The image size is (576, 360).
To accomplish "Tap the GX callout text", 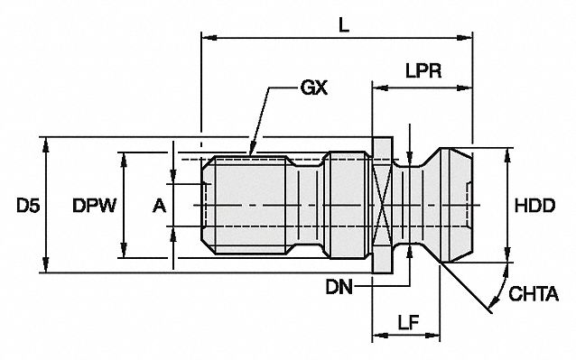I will [313, 88].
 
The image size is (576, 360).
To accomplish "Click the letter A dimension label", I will [159, 207].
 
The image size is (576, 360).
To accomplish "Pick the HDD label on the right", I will [534, 207].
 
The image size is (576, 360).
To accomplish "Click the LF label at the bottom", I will [405, 320].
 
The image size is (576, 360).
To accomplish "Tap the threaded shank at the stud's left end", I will [244, 207].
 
